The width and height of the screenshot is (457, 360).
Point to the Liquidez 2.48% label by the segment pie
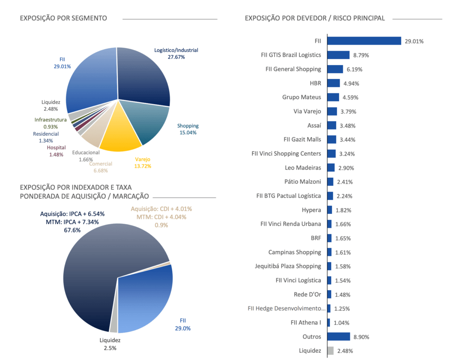[x=52, y=105]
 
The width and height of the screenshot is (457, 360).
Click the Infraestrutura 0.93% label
[x=50, y=123]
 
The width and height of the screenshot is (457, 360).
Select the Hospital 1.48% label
[x=56, y=151]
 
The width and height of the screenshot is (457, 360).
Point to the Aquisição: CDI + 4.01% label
[x=161, y=209]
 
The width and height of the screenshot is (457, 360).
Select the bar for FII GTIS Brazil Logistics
[x=338, y=55]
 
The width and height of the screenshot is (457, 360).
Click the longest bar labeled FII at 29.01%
[x=364, y=41]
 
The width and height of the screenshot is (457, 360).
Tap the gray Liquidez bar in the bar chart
[x=330, y=351]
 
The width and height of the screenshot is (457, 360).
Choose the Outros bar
[x=338, y=337]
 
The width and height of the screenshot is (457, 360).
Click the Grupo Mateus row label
[x=301, y=97]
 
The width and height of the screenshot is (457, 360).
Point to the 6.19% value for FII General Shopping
[x=354, y=69]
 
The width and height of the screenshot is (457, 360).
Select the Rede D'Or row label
[x=307, y=294]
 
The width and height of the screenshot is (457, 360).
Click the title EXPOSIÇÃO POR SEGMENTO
[x=63, y=18]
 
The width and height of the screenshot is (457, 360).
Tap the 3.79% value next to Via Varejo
[x=348, y=112]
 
